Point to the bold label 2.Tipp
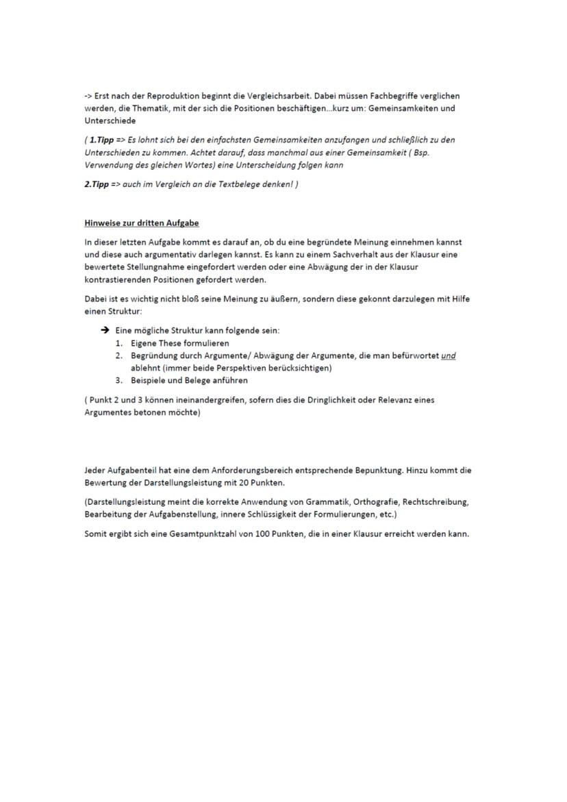(x=96, y=185)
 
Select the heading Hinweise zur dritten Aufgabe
(x=141, y=223)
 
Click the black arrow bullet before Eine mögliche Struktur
(x=105, y=330)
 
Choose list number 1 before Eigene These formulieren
(x=118, y=343)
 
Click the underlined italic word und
(x=449, y=355)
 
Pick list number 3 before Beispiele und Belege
(x=118, y=380)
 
